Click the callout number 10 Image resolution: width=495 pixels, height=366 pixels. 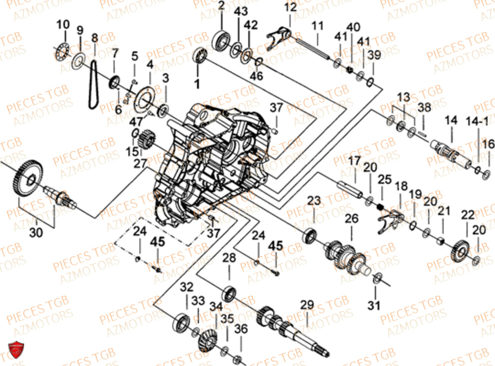coord(63,25)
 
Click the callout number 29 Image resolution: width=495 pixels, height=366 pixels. coord(307,305)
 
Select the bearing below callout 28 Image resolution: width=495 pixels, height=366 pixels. coord(229,293)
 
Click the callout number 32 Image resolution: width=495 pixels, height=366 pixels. coord(186,287)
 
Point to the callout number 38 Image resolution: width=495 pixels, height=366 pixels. coord(424,107)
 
